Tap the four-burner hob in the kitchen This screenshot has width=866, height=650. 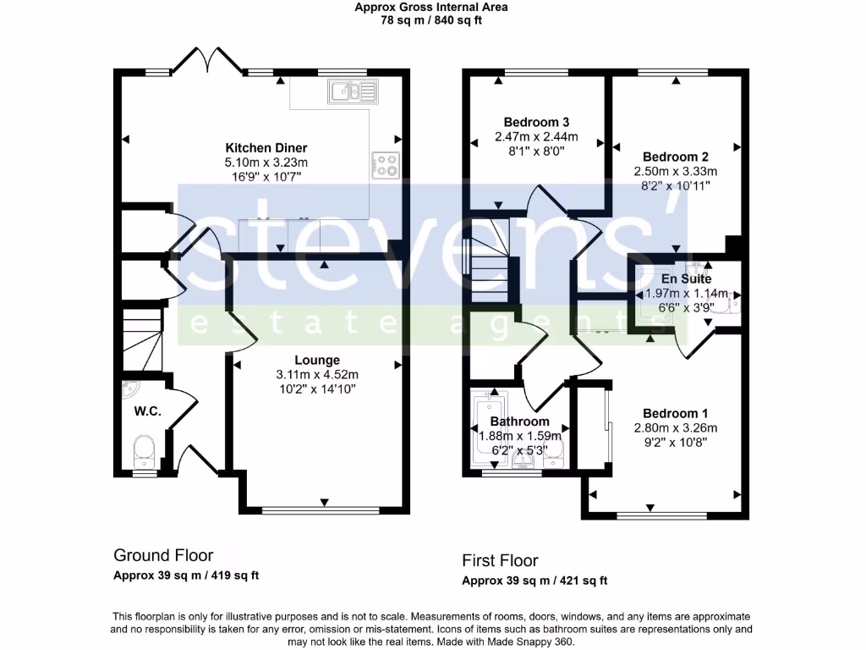(385, 165)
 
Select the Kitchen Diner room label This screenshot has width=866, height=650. (266, 148)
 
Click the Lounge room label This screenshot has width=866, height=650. (316, 360)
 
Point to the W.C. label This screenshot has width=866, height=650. (147, 412)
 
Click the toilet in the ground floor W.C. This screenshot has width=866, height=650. (145, 449)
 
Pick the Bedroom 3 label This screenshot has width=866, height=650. (535, 122)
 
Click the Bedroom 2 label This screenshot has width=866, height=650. (675, 157)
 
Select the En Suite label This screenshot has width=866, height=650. (686, 278)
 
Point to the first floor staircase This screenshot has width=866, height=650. (489, 257)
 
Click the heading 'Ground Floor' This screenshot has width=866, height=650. (163, 555)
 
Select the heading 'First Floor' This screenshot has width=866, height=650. (500, 560)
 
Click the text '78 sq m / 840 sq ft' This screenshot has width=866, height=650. (431, 20)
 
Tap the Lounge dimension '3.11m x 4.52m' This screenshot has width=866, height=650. (316, 375)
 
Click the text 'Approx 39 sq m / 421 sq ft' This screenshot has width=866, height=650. (534, 581)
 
